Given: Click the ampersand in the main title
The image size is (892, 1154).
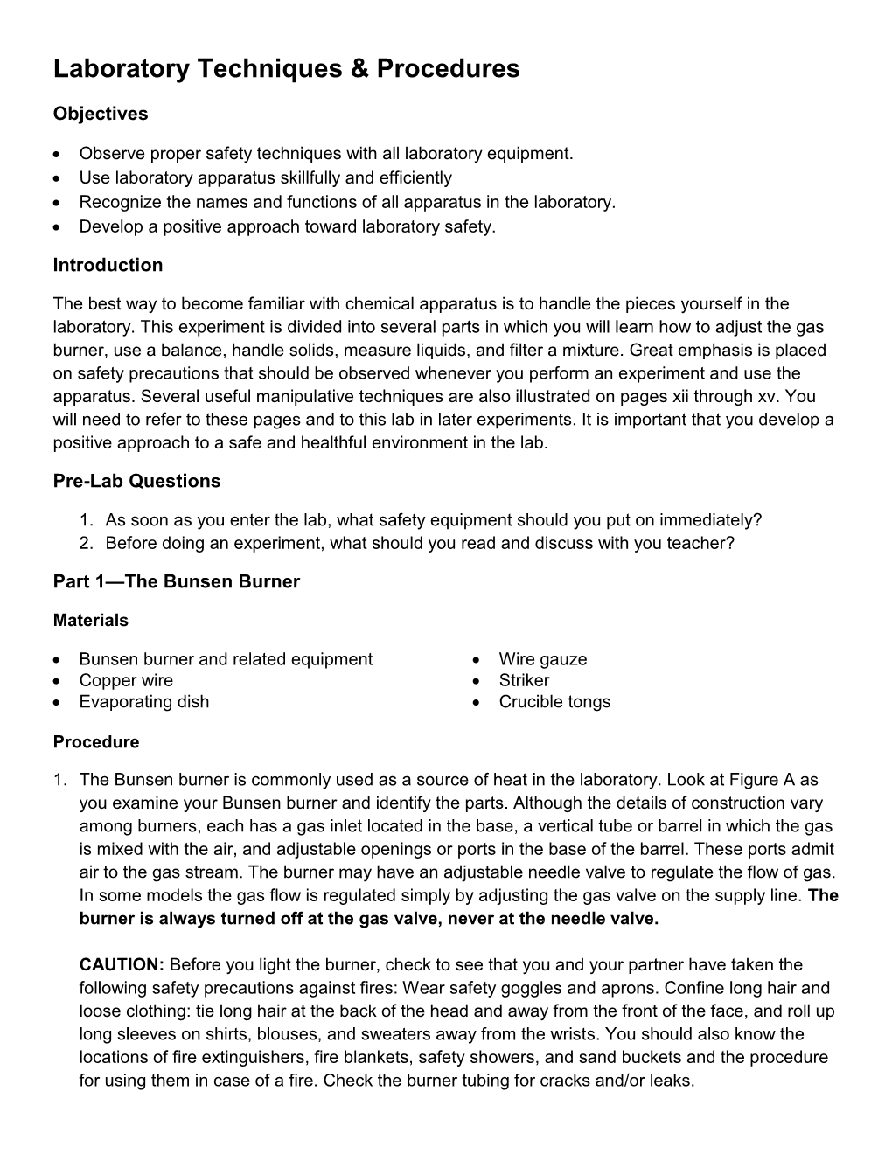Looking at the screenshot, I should coord(361,69).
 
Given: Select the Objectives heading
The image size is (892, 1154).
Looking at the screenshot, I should coord(101,114).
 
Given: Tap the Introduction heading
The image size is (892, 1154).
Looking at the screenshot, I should coord(108,265).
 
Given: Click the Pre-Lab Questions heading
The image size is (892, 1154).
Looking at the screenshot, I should coord(136,481).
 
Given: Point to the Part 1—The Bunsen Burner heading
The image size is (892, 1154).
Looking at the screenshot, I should coord(176,581).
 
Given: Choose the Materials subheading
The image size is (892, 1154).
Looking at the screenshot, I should coord(90,621).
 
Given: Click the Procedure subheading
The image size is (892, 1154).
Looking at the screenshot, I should coord(96,742).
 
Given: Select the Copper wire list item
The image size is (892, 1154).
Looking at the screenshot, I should coord(126,680).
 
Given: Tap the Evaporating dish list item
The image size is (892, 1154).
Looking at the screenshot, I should coord(144,701).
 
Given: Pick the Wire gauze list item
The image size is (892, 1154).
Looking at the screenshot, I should coord(543,659).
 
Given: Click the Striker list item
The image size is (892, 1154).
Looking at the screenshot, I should coord(524,680).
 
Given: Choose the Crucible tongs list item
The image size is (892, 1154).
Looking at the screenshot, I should coord(554,701).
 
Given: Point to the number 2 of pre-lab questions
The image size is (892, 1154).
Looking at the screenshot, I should coord(85,543).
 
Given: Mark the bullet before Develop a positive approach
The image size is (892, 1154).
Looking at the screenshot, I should coord(58,227).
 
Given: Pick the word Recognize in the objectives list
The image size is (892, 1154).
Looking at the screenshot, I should coord(118,202).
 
